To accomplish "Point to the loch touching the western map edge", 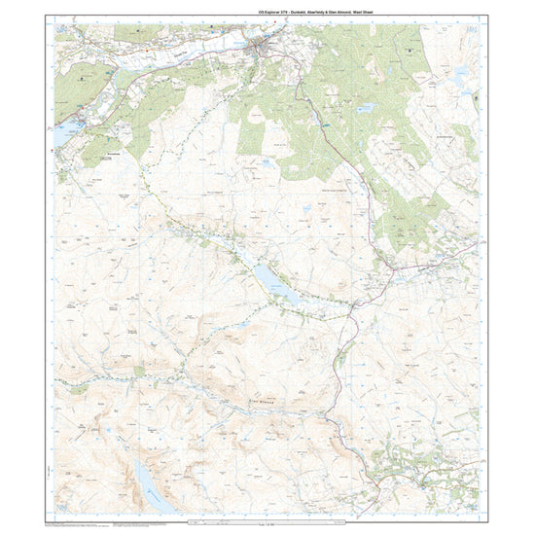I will pyautogui.click(x=61, y=134).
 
